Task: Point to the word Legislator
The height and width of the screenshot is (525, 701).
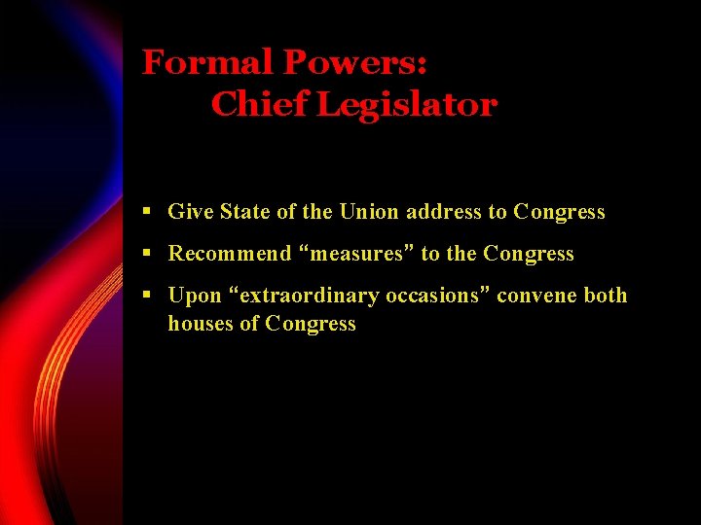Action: (407, 105)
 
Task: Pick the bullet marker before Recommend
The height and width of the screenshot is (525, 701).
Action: (145, 254)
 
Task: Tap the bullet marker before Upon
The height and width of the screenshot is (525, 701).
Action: (145, 296)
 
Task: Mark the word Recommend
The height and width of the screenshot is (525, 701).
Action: (230, 254)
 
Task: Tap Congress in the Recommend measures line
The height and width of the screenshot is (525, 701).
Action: (529, 254)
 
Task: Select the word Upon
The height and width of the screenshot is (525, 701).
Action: (195, 296)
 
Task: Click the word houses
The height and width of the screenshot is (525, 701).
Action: (202, 324)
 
